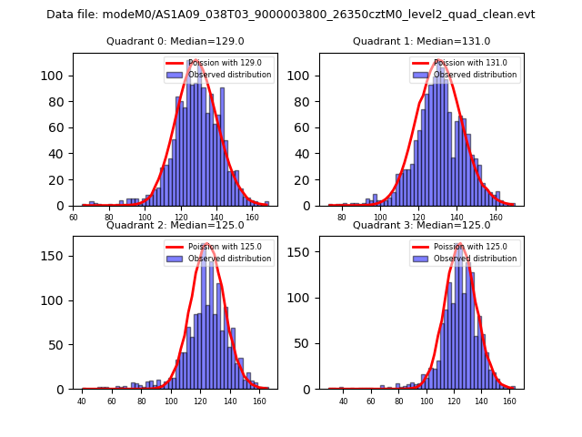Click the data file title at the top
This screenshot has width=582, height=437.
point(291,15)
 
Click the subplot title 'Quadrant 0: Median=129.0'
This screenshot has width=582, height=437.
point(176,41)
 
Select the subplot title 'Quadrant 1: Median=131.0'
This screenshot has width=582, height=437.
point(421,41)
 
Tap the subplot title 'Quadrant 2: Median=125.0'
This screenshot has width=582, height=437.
point(176,225)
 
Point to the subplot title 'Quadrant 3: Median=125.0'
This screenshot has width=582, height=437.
point(421,225)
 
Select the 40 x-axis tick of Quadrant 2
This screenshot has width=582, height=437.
point(82,401)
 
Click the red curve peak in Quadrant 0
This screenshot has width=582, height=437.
point(194,61)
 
